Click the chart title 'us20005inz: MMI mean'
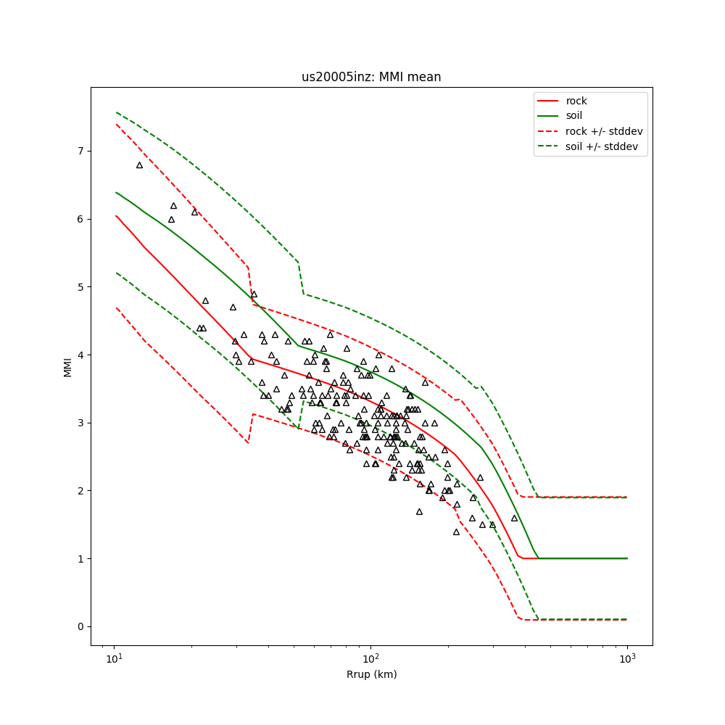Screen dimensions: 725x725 tap(371, 77)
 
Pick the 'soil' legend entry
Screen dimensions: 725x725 tap(574, 115)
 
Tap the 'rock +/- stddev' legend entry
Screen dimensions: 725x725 tap(604, 131)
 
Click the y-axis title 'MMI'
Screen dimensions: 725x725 tap(67, 366)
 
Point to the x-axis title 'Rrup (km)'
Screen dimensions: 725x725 tap(371, 674)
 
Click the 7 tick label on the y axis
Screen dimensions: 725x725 tap(81, 151)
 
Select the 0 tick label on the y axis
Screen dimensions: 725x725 tap(81, 626)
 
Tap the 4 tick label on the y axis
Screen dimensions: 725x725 tap(81, 355)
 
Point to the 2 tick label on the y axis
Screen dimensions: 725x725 tap(81, 491)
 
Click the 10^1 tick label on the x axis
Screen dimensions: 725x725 tap(114, 658)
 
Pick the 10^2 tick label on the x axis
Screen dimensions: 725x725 tap(370, 658)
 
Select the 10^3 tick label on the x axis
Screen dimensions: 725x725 tap(627, 658)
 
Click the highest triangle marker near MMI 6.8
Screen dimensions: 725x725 tap(140, 165)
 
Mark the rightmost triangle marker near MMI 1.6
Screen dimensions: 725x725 tap(514, 518)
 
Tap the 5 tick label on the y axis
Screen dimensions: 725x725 tap(81, 287)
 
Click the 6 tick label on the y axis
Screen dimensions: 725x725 tap(81, 219)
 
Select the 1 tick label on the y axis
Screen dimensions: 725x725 tap(81, 559)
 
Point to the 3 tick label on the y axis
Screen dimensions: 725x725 tap(81, 423)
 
